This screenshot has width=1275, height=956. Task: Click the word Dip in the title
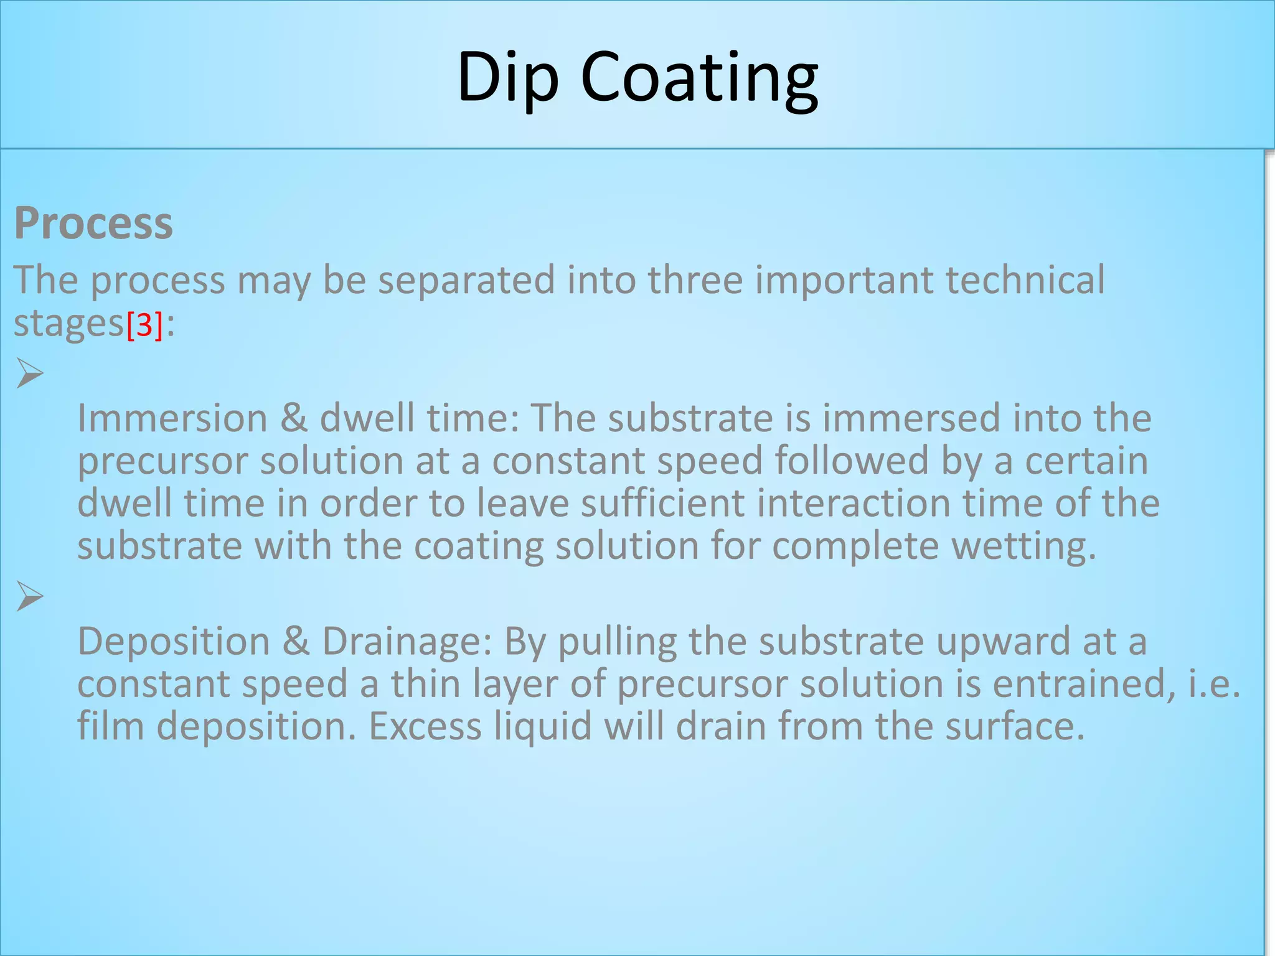pyautogui.click(x=508, y=77)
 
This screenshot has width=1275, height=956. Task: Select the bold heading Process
pyautogui.click(x=93, y=223)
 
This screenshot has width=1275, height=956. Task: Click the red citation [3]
pyautogui.click(x=144, y=325)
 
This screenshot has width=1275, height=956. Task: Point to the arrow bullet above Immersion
pyautogui.click(x=29, y=373)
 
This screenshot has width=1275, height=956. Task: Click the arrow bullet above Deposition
pyautogui.click(x=29, y=596)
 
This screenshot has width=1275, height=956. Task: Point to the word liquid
pyautogui.click(x=542, y=727)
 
